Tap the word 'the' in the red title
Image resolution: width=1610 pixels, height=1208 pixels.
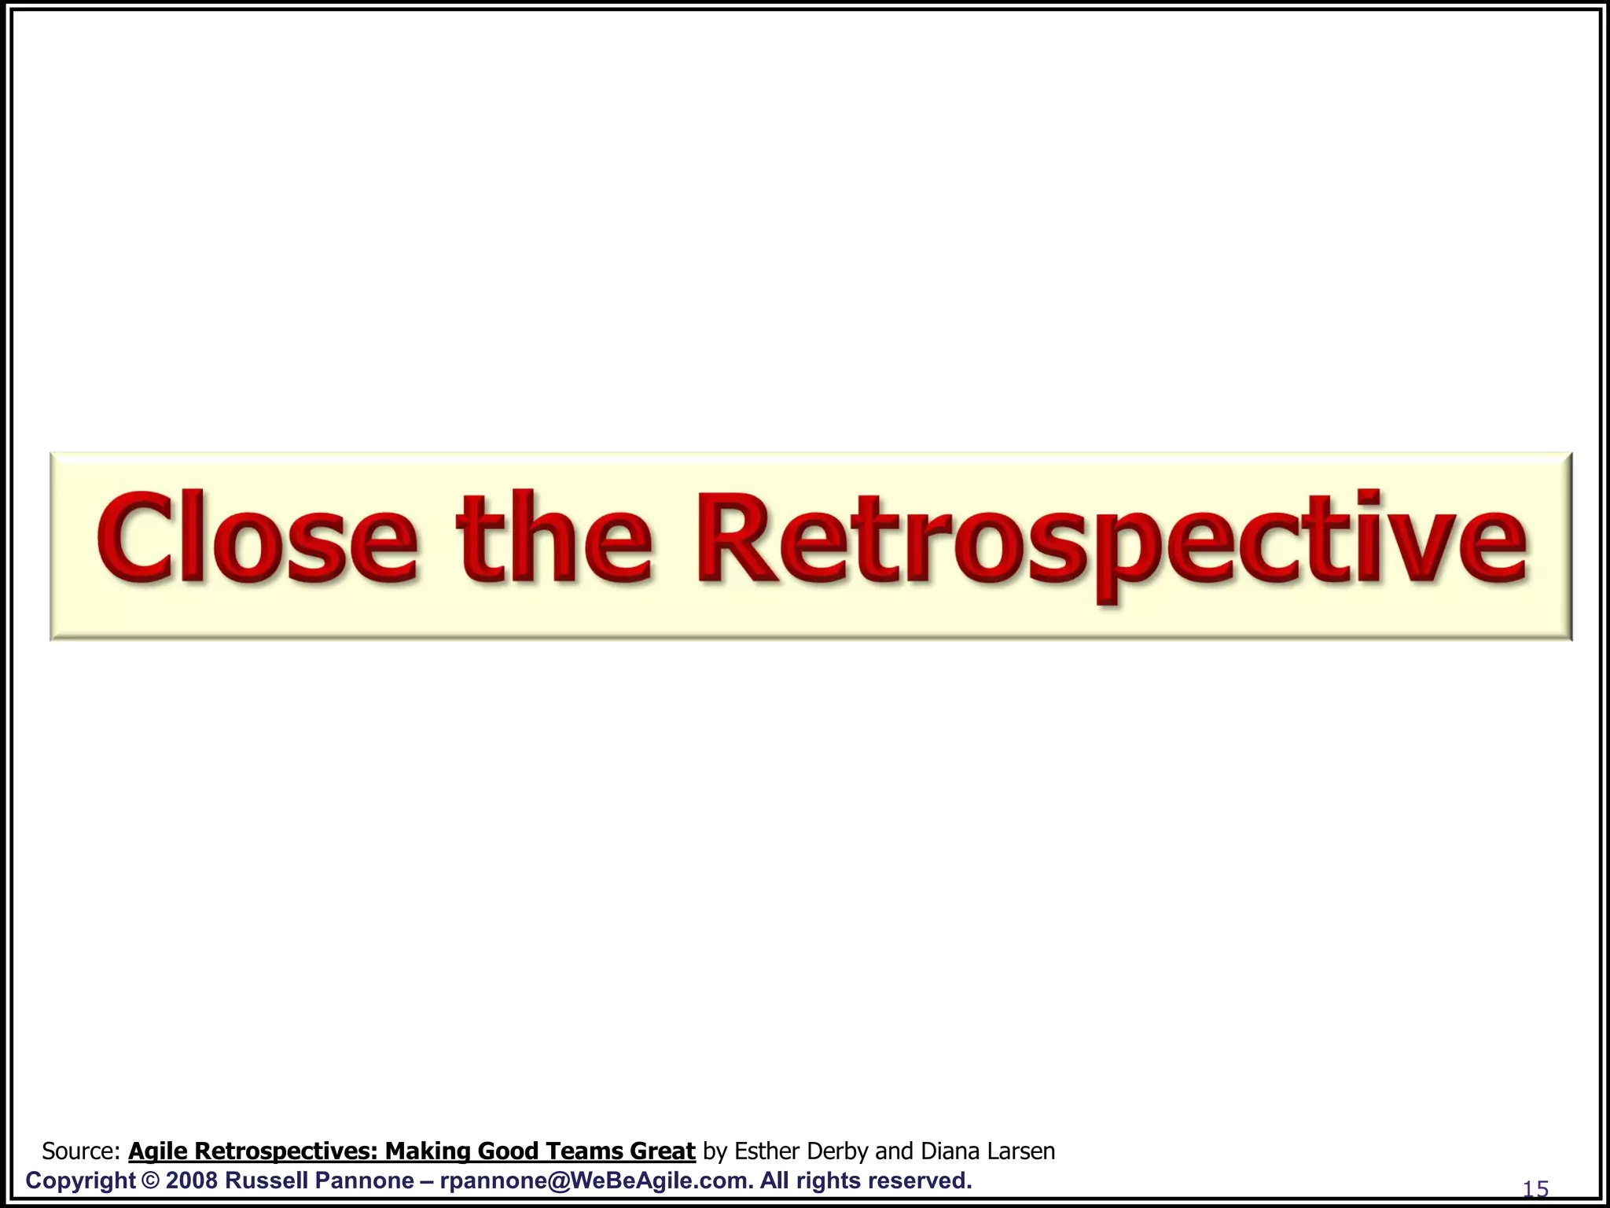555,538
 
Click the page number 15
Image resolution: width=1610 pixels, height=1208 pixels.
1535,1189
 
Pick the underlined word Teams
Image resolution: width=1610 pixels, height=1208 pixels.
581,1151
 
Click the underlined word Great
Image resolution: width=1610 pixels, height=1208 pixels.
662,1151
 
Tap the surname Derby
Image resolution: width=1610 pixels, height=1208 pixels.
840,1151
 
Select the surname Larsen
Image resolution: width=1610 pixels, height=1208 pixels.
1022,1151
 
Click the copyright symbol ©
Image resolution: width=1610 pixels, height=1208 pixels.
150,1180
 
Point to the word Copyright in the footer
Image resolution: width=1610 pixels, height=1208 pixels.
81,1180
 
